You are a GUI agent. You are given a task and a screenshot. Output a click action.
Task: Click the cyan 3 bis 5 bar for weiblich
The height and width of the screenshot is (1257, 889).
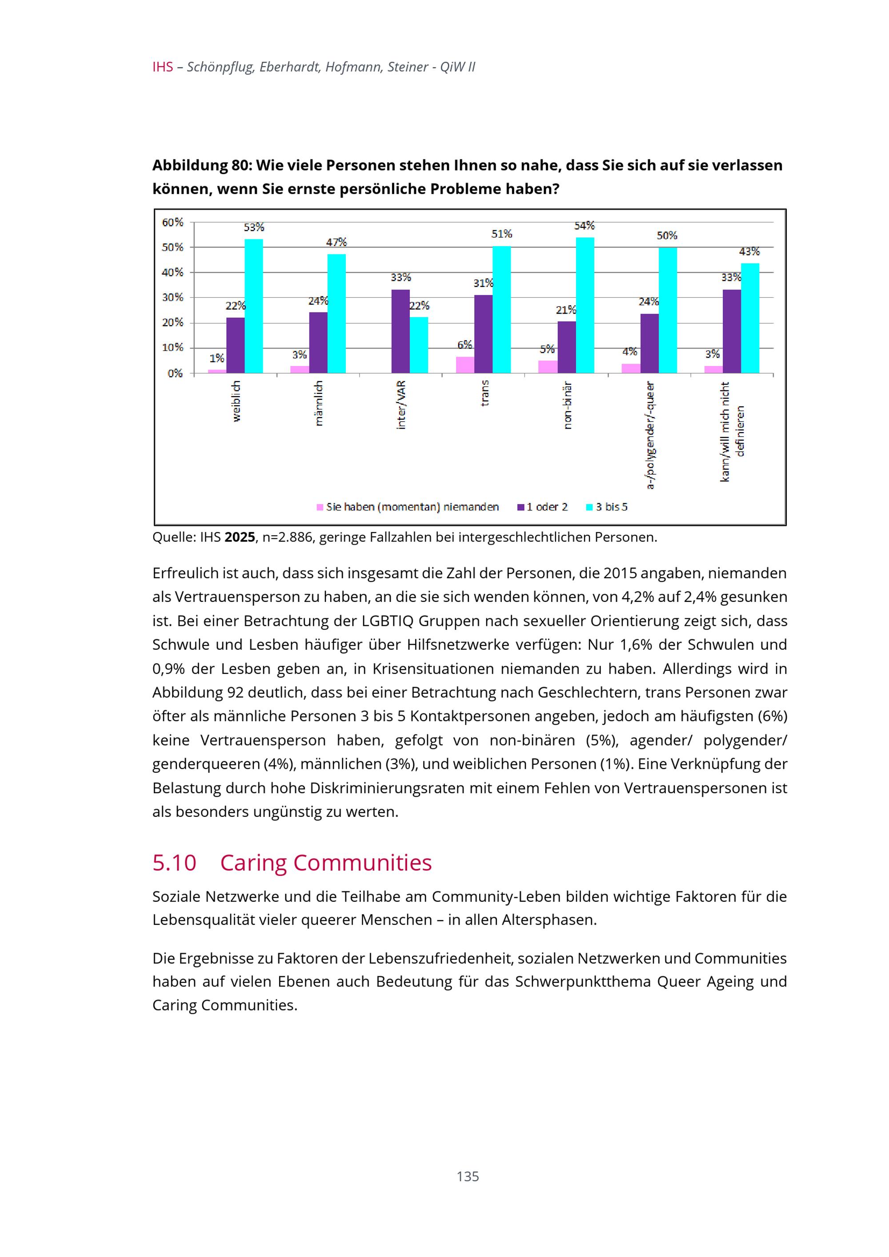[x=254, y=306]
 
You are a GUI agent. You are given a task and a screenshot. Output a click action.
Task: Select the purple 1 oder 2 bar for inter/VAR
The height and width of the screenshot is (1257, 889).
[x=400, y=331]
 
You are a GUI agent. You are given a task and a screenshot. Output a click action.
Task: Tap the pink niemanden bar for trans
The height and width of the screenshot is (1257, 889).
[x=465, y=365]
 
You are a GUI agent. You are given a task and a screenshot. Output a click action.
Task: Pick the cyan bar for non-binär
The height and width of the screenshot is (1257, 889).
[x=585, y=305]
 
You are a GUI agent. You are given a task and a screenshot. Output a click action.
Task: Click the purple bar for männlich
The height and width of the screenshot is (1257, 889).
[x=318, y=343]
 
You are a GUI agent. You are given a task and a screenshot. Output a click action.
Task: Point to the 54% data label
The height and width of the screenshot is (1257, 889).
[x=584, y=226]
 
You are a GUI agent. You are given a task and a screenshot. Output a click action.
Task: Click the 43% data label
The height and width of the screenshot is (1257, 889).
[x=749, y=252]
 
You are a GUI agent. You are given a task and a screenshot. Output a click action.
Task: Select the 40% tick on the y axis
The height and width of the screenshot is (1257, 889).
[x=172, y=273]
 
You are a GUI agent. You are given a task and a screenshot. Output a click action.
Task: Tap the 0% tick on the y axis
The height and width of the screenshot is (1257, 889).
[x=175, y=374]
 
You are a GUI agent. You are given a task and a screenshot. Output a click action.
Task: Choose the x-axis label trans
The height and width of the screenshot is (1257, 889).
[x=484, y=393]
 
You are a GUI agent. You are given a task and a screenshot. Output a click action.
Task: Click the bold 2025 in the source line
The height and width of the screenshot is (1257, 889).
[x=240, y=537]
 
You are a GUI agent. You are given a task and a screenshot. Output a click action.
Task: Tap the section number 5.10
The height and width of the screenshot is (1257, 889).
[x=174, y=863]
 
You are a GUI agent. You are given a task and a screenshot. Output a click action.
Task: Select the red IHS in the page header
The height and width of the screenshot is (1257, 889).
[x=163, y=68]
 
